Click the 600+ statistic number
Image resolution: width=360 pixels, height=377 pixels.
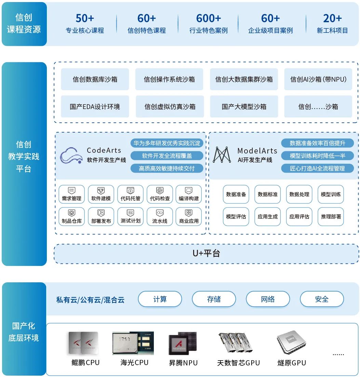(208, 18)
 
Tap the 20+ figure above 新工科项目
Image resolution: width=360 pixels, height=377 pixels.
(332, 18)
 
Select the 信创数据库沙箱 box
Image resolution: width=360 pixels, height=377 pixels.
(95, 79)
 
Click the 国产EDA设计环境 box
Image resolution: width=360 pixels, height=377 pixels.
(95, 107)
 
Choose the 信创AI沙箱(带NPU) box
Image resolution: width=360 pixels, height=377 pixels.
(318, 79)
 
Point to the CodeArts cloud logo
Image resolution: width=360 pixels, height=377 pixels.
(71, 156)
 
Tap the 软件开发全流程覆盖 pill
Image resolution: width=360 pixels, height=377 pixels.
(167, 156)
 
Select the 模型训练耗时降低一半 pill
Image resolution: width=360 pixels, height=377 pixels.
(317, 156)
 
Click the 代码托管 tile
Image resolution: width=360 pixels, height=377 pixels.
(130, 194)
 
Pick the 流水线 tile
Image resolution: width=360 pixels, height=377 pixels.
(160, 217)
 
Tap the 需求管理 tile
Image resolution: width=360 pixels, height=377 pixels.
(71, 194)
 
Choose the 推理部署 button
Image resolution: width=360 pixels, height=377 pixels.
(331, 217)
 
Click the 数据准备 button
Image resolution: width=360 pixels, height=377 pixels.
(236, 194)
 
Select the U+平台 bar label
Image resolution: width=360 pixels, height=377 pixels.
(206, 253)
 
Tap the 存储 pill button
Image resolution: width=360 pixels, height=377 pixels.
(214, 299)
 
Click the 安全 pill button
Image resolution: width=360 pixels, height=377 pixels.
(322, 299)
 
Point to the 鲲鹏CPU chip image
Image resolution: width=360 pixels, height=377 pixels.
(83, 342)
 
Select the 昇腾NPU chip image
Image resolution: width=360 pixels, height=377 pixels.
(183, 344)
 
